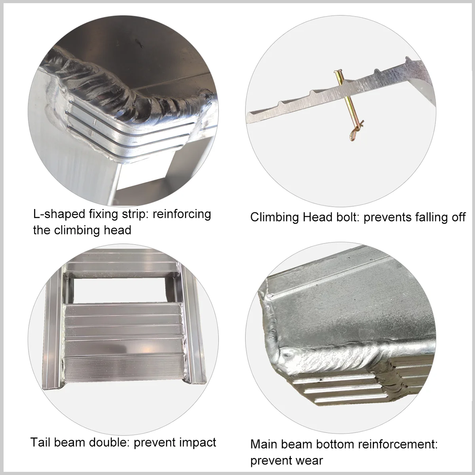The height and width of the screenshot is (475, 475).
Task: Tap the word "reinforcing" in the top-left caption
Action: pyautogui.click(x=182, y=214)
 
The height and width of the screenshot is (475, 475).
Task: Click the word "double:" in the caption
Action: pyautogui.click(x=107, y=442)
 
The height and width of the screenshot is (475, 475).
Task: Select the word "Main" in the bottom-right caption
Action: pyautogui.click(x=264, y=444)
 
